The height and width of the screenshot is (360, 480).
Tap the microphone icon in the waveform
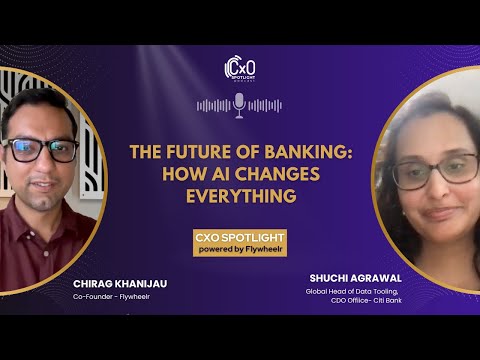pyautogui.click(x=240, y=104)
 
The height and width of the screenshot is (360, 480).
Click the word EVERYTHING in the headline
pyautogui.click(x=240, y=196)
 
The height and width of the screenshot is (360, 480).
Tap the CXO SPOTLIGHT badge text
pyautogui.click(x=240, y=237)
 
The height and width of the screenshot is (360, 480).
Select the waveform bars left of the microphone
pyautogui.click(x=214, y=105)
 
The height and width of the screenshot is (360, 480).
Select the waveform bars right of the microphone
pyautogui.click(x=266, y=105)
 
